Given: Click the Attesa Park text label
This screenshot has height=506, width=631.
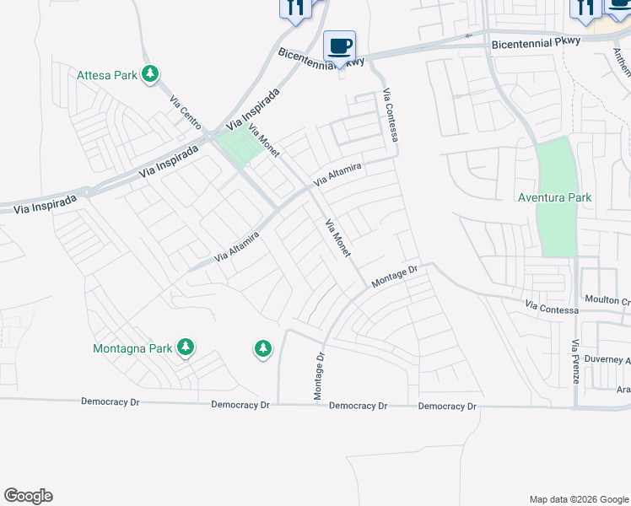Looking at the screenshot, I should tap(106, 75).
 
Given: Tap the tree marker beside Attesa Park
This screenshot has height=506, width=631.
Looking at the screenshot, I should tap(150, 75).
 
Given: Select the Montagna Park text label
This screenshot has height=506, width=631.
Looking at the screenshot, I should tap(132, 347).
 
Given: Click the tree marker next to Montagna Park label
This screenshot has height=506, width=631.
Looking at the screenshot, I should tap(186, 347).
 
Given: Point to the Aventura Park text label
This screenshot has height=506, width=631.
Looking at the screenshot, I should tap(554, 197).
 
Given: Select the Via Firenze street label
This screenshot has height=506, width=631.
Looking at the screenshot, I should tap(574, 362).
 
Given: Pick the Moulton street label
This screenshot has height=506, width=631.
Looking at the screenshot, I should tap(607, 301).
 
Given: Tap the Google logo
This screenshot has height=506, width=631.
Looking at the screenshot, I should tap(28, 496).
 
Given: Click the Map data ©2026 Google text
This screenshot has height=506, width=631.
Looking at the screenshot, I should tap(578, 499).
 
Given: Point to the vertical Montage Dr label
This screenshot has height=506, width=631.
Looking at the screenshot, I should tap(319, 376).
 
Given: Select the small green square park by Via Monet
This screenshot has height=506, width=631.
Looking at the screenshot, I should tap(240, 148).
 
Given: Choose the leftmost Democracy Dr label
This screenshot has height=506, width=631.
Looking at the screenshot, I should tap(110, 402).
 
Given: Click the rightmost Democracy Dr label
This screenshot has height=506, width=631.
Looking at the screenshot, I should tap(447, 406).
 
